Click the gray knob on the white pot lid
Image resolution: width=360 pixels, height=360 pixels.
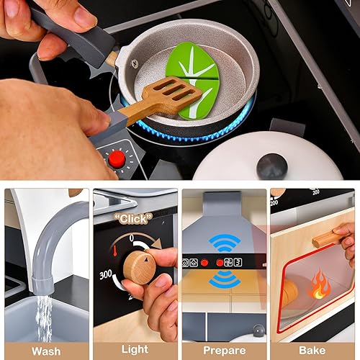(x=271, y=165)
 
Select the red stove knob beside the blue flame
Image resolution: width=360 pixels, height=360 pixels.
(x=117, y=158)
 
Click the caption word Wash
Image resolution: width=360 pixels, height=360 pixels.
(x=46, y=351)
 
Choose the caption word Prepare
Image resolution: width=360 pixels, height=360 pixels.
(x=224, y=351)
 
